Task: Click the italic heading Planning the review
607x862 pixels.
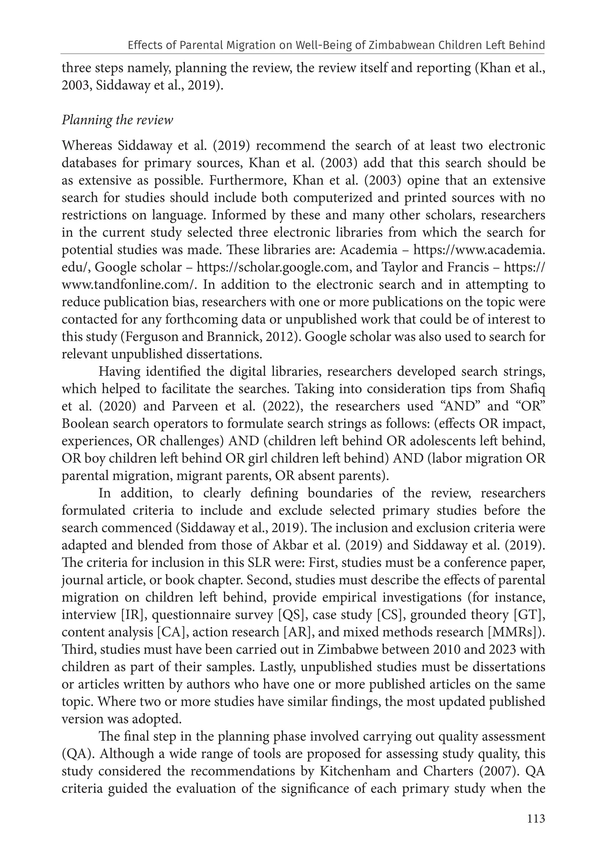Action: point(117,120)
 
